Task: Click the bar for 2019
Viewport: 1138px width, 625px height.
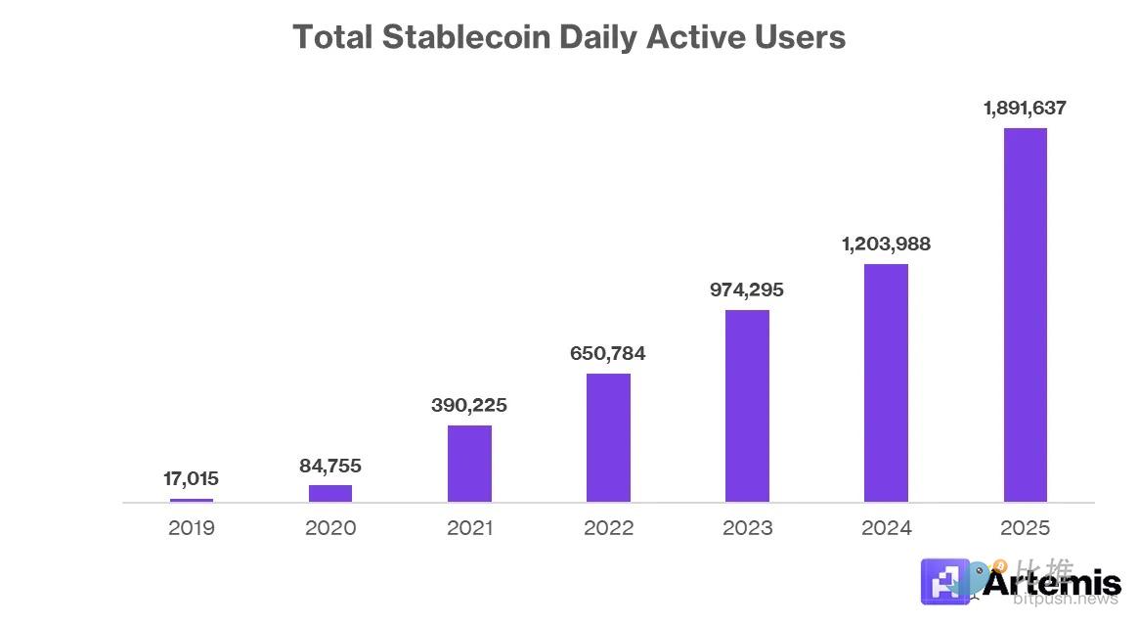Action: tap(191, 500)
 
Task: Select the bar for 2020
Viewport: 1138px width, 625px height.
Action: tap(330, 493)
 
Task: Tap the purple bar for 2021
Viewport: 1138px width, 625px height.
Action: tap(469, 464)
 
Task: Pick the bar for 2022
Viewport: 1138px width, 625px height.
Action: tap(608, 437)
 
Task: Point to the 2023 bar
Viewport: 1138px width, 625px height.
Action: tap(747, 406)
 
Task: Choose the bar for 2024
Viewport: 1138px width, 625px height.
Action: tap(886, 382)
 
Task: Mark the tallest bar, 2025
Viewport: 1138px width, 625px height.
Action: tap(1025, 315)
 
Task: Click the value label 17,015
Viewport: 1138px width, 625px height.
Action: tap(191, 478)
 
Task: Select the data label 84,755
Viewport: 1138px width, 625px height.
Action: tap(330, 466)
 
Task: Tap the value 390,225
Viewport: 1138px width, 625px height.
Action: tap(469, 405)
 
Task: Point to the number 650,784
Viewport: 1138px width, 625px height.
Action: tap(608, 353)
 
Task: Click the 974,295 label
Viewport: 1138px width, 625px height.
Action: tap(747, 290)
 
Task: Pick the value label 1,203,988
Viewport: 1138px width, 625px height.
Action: tap(886, 244)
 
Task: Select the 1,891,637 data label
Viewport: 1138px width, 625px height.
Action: tap(1025, 108)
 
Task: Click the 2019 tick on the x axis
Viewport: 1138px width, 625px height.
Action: tap(191, 528)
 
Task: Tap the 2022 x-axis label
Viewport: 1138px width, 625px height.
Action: tap(608, 528)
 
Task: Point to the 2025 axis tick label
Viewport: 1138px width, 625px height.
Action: tap(1025, 528)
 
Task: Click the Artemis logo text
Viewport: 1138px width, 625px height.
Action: tap(1051, 584)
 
